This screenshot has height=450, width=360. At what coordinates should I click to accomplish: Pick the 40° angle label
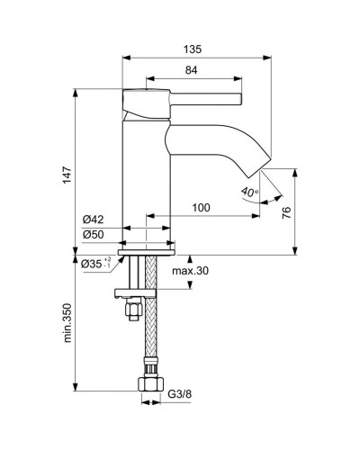[249, 191]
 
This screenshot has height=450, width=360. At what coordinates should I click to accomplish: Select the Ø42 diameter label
[94, 219]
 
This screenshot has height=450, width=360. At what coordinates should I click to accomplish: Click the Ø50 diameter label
[94, 235]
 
